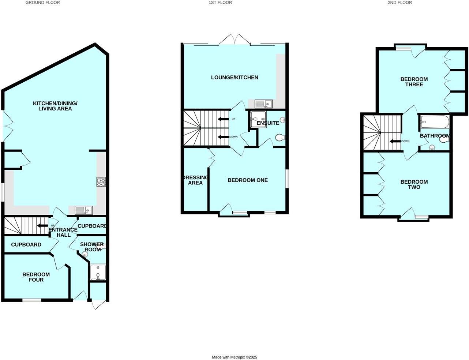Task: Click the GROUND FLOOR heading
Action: click(42, 3)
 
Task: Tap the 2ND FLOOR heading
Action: click(399, 3)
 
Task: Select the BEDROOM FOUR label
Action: click(36, 277)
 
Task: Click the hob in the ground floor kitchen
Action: click(101, 182)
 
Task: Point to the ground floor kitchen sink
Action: click(84, 210)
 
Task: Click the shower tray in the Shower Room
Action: click(98, 272)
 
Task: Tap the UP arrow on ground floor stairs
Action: click(43, 225)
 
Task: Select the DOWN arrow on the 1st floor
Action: click(222, 137)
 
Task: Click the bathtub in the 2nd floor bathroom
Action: click(435, 122)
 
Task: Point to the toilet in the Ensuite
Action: click(280, 138)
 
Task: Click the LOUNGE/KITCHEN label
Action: click(234, 78)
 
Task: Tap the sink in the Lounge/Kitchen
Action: click(263, 104)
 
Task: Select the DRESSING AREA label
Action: click(195, 180)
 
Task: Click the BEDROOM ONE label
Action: click(248, 180)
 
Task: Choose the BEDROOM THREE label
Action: click(414, 82)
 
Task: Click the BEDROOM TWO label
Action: click(414, 184)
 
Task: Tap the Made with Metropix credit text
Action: click(234, 357)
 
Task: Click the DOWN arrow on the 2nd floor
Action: click(394, 141)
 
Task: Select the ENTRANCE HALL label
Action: click(63, 232)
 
